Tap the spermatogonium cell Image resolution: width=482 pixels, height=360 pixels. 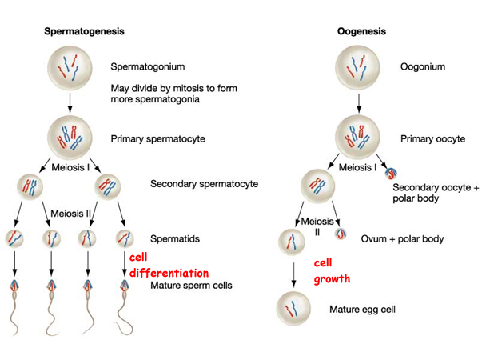pyautogui.click(x=70, y=67)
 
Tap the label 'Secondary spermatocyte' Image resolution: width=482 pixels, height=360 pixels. pyautogui.click(x=204, y=184)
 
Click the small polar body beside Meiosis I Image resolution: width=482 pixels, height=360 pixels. pyautogui.click(x=395, y=170)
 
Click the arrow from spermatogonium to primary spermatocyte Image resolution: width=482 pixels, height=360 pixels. pyautogui.click(x=70, y=102)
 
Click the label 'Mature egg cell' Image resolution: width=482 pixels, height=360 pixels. pyautogui.click(x=362, y=308)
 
